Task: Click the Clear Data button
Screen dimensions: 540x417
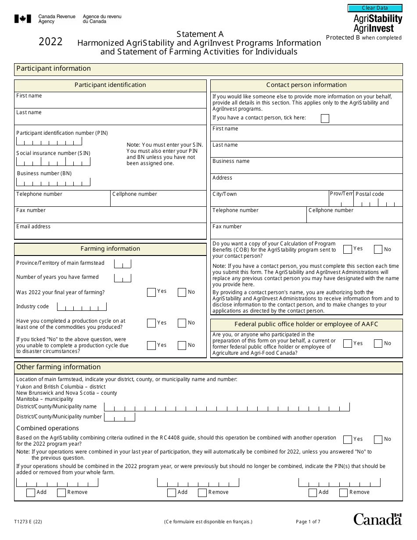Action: (375, 8)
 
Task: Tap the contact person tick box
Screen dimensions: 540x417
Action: (325, 118)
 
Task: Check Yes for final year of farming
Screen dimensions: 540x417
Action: (151, 292)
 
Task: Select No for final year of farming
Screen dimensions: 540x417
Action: (182, 292)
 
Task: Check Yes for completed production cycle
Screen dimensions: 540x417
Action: (151, 323)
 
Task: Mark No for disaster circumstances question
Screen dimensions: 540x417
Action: (182, 346)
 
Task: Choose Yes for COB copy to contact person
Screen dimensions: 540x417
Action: (348, 249)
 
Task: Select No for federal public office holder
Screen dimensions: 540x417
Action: (378, 344)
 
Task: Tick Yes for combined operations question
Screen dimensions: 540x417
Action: (348, 439)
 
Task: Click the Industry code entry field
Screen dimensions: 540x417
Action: (82, 306)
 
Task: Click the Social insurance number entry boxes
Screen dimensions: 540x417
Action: (53, 162)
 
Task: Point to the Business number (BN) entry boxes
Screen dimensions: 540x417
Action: (53, 182)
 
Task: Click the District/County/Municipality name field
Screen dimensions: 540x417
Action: (226, 407)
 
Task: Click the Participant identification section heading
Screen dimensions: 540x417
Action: (110, 85)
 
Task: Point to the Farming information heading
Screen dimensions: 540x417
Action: (110, 249)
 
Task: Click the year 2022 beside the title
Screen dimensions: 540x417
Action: (50, 42)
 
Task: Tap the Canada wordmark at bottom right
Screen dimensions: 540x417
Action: (377, 519)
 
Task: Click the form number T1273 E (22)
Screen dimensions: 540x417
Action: (28, 522)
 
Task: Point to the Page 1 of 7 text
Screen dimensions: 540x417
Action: (308, 522)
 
